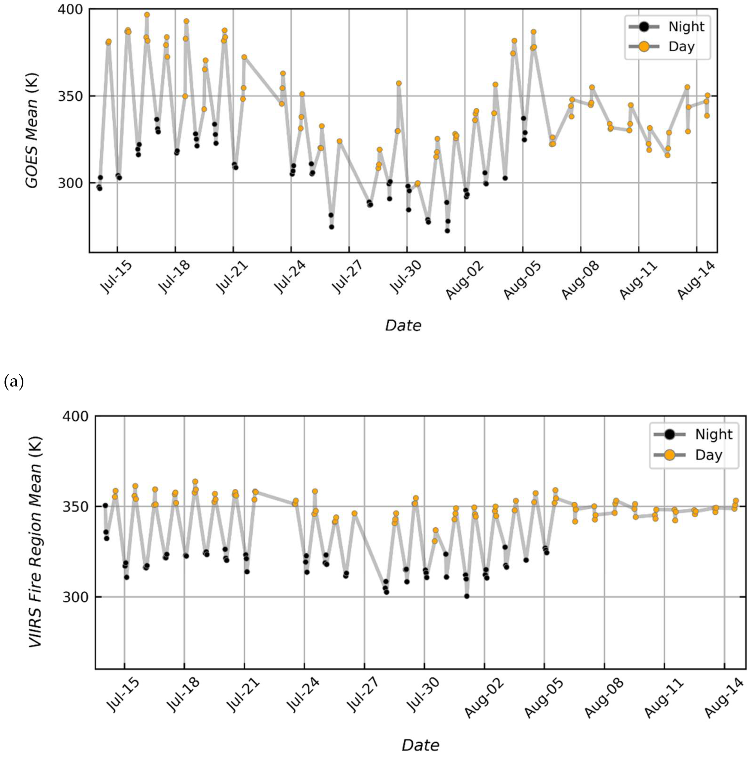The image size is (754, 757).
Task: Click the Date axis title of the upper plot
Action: coord(403,326)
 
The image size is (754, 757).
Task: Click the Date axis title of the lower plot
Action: coord(420,745)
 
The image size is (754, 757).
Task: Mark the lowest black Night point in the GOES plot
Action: coord(447,231)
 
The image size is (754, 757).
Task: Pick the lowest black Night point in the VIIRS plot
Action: coord(466,596)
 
